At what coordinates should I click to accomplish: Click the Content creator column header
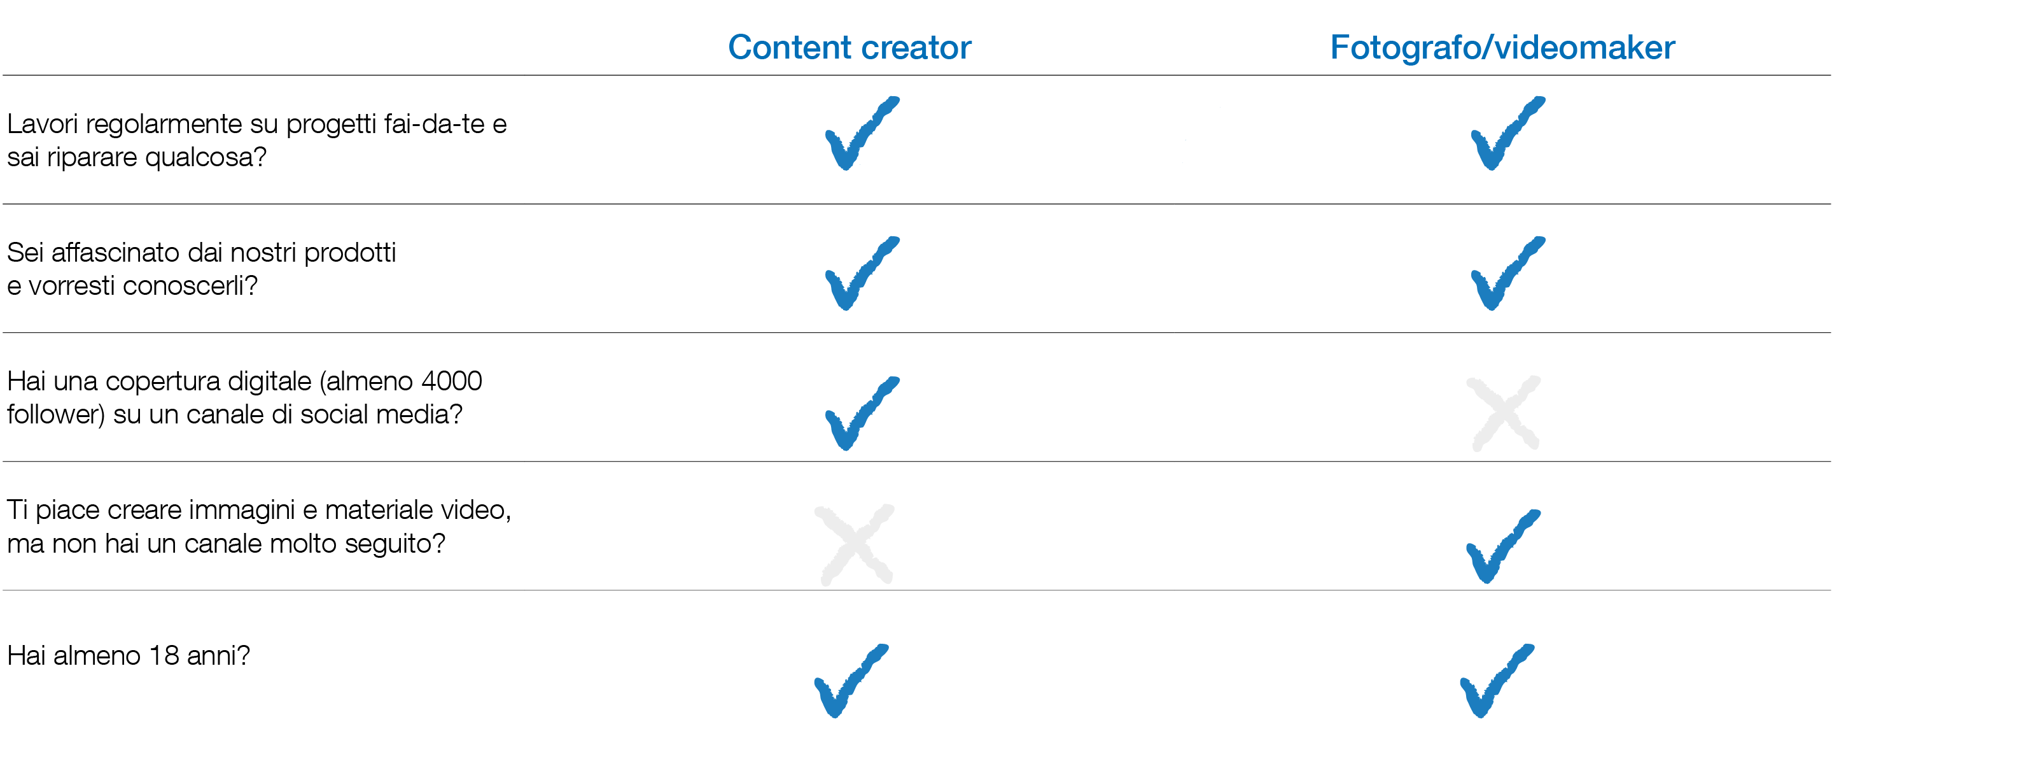(849, 47)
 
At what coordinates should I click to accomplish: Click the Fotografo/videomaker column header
(1502, 47)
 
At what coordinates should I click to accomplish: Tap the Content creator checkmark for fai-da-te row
(859, 135)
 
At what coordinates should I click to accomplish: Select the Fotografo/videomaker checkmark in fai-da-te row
(1504, 135)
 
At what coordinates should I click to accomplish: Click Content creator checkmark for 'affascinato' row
(859, 274)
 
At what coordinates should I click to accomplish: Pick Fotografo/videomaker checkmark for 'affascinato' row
(1504, 274)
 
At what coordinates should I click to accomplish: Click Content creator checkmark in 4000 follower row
(859, 415)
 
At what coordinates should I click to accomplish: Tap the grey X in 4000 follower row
(1503, 414)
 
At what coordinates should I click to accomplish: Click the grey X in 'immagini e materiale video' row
(855, 544)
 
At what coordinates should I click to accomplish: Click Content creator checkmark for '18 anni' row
(848, 681)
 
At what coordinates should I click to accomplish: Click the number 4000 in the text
(451, 381)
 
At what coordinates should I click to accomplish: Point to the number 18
(164, 655)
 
